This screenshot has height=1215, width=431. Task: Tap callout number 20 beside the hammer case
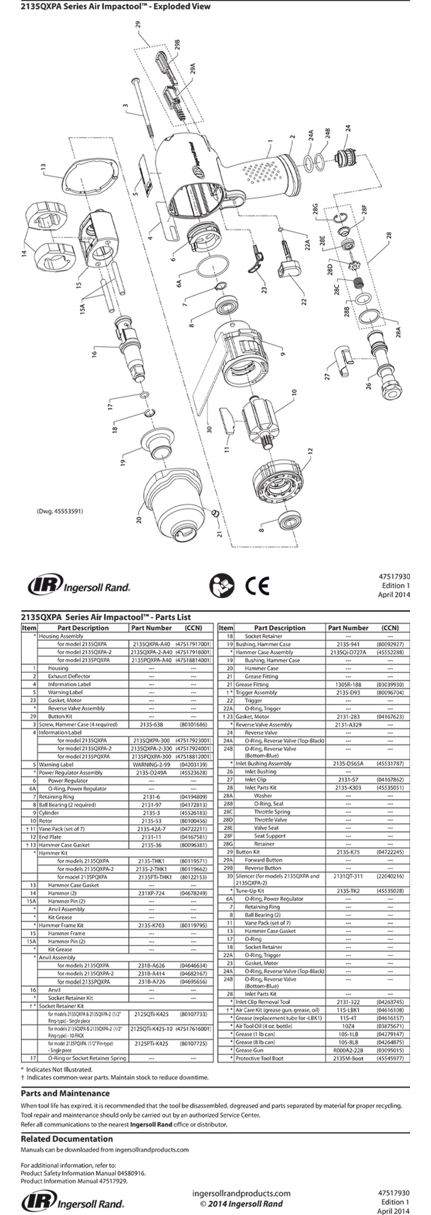pos(139,520)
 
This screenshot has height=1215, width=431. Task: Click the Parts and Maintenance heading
pos(65,1093)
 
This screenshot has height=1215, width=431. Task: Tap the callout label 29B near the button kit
pos(177,45)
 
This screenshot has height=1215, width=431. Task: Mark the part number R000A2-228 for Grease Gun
pos(347,1050)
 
